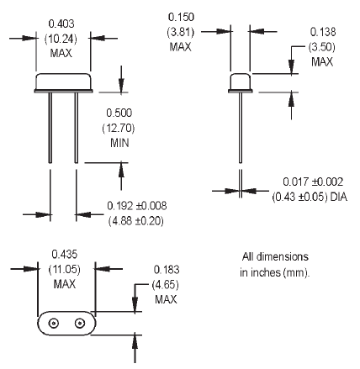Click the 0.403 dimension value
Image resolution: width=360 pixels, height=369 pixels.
click(61, 24)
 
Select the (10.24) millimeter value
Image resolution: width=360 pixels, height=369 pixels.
click(61, 39)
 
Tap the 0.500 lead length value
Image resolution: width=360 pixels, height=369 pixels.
click(119, 113)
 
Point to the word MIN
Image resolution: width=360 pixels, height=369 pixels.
click(119, 143)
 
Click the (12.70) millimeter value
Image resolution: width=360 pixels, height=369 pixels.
click(119, 128)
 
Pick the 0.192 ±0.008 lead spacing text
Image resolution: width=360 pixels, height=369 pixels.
click(137, 206)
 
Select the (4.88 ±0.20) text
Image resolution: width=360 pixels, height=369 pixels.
click(136, 221)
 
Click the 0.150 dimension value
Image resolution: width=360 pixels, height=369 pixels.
click(181, 17)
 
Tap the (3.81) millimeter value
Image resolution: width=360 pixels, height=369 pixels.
click(181, 32)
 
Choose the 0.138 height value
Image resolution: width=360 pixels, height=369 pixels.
click(323, 32)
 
